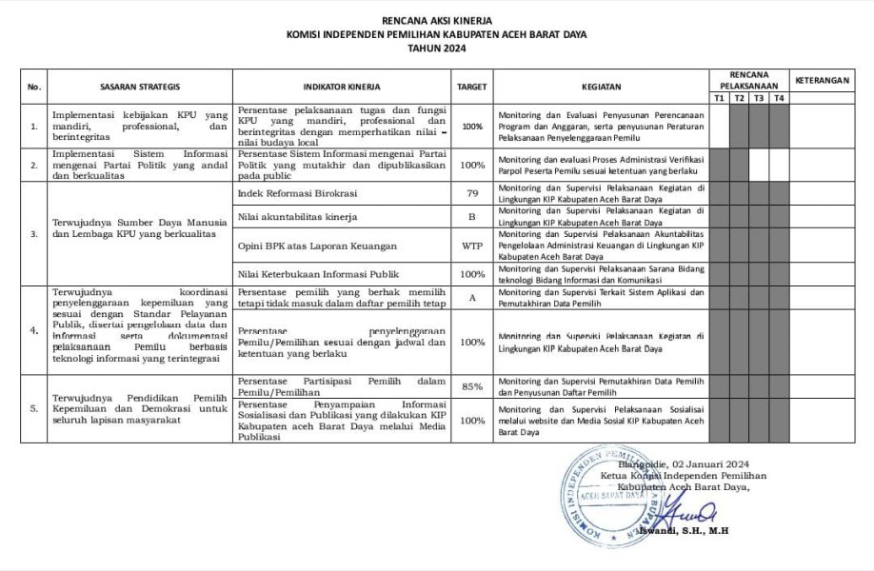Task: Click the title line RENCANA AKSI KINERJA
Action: click(x=437, y=19)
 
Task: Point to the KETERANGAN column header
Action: click(x=823, y=81)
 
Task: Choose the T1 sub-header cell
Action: click(x=719, y=98)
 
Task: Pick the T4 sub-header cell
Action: click(x=779, y=98)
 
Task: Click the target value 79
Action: click(x=471, y=194)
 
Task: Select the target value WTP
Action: click(x=471, y=246)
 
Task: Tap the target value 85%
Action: click(x=471, y=387)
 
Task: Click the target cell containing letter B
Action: click(x=471, y=217)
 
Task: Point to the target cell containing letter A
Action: click(x=471, y=297)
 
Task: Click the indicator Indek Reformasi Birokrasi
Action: click(x=296, y=194)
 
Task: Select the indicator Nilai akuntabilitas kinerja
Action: click(x=297, y=217)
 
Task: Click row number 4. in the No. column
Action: click(x=35, y=331)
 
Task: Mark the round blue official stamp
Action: click(x=606, y=497)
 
